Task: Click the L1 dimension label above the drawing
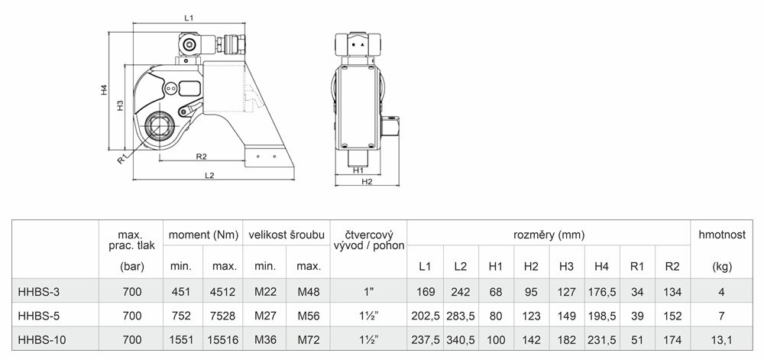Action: click(189, 18)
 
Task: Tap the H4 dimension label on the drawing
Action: click(104, 89)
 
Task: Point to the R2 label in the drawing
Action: click(201, 157)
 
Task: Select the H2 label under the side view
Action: click(367, 182)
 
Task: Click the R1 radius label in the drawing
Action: click(122, 158)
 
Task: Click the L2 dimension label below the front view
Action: click(209, 175)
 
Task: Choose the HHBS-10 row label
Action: click(41, 339)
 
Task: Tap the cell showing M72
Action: click(308, 339)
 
